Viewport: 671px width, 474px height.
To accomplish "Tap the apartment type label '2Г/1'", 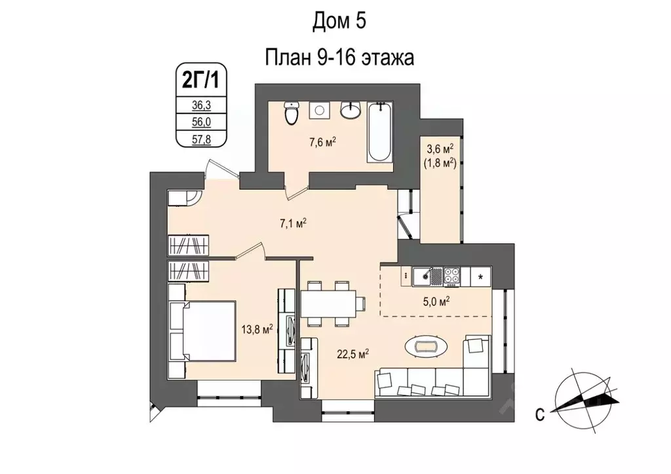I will (201, 81).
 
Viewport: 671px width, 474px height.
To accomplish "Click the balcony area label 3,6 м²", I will (440, 150).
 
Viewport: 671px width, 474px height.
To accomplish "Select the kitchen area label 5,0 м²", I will (436, 301).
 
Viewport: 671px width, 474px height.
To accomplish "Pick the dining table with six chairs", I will (332, 304).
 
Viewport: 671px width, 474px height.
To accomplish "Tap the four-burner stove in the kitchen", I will (452, 277).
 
